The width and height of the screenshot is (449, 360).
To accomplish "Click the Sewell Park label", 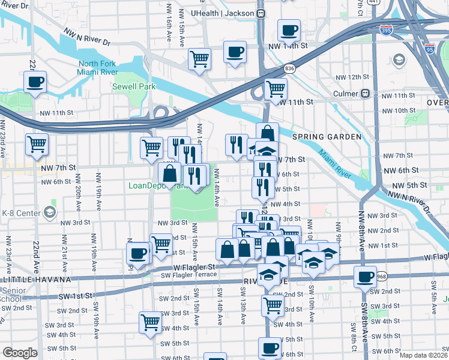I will [x=134, y=86].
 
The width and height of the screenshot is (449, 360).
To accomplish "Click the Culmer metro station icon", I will [x=364, y=94].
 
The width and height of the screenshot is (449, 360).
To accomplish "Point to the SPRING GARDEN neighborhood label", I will [x=327, y=137].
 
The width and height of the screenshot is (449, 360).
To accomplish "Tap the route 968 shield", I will [x=382, y=277].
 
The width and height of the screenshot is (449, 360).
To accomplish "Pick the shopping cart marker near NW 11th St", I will [x=276, y=88].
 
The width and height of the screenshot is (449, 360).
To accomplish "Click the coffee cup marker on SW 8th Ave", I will [x=364, y=277].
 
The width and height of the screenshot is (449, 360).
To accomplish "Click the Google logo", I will [x=20, y=353].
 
